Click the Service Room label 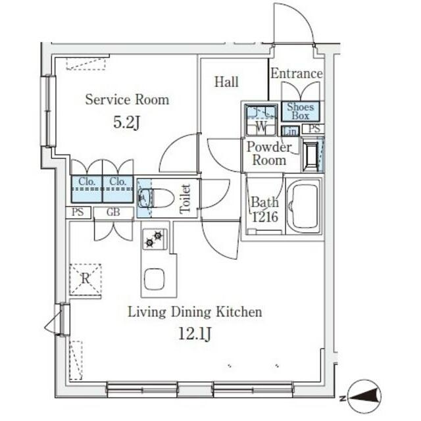[x=127, y=99]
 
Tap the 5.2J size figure [x=126, y=123]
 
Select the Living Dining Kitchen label [x=195, y=312]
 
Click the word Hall [x=226, y=82]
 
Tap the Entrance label [x=297, y=73]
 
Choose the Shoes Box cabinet [x=300, y=111]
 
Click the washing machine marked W [x=261, y=120]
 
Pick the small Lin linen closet [x=290, y=132]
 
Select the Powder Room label [x=269, y=153]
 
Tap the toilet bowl [x=153, y=198]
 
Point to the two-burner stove [x=155, y=239]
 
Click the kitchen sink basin [x=155, y=279]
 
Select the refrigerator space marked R [x=86, y=279]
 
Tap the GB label [x=113, y=212]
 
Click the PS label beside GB [x=78, y=212]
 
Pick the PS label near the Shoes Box [x=314, y=129]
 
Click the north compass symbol [x=364, y=396]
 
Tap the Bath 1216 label [x=264, y=210]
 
